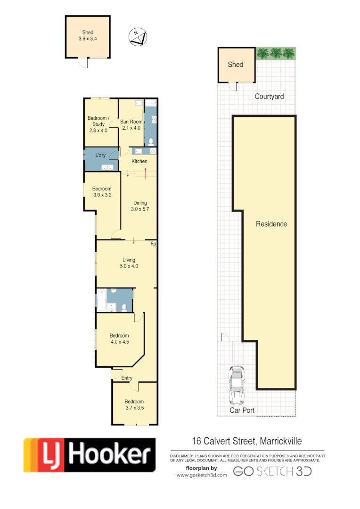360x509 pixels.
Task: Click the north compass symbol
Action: [138, 37]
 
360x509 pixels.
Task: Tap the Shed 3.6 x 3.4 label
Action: [88, 36]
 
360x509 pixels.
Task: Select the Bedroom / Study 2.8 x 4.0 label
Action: [98, 124]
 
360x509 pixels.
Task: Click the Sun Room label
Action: [131, 124]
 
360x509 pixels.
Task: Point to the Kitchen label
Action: [139, 161]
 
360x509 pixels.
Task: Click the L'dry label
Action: [100, 155]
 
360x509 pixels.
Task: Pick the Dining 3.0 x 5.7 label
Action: [140, 206]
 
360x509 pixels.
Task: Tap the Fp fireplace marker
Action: [153, 244]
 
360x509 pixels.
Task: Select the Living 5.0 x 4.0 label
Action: [129, 263]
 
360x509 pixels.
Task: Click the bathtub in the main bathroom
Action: [101, 301]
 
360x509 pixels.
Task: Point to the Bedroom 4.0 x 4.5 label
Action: [120, 339]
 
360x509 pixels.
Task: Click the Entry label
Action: [127, 378]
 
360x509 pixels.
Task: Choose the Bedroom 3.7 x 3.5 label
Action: [134, 404]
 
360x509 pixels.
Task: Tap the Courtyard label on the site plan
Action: [269, 97]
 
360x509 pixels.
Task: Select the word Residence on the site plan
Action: [271, 224]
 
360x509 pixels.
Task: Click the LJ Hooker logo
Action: [90, 455]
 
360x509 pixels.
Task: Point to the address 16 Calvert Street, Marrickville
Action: [246, 442]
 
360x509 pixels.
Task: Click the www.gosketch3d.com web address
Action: [202, 475]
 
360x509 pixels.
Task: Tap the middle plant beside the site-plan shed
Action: [275, 53]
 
